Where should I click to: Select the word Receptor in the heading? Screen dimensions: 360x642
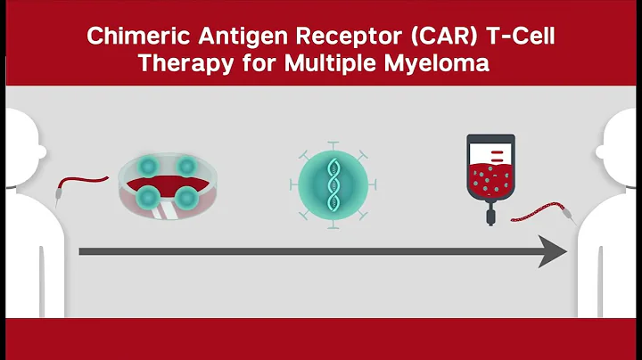pyautogui.click(x=329, y=38)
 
